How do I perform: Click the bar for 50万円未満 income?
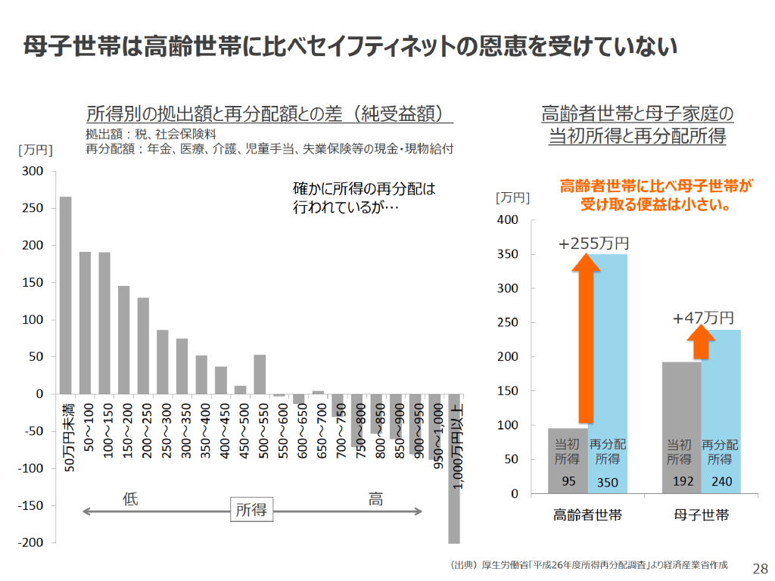coord(66,295)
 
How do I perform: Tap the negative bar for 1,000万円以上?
coord(454,469)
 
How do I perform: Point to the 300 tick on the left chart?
coord(35,172)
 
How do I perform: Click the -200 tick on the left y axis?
coord(32,543)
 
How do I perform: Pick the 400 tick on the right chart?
coord(507,220)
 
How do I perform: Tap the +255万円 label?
coord(594,244)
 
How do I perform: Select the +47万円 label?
coord(703,318)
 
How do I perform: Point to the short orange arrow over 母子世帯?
coord(702,343)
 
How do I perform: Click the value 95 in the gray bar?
coord(568,481)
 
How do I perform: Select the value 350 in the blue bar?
coord(608,481)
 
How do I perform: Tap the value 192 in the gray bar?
coord(681,481)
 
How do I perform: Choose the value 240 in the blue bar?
coord(721,481)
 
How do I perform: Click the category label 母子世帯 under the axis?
coord(702,516)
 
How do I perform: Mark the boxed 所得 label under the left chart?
coord(251,510)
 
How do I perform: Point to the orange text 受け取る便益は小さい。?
coord(655,204)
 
